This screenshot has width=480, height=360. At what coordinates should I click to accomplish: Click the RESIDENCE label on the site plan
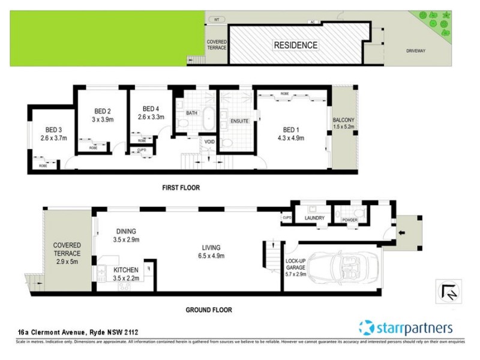pyautogui.click(x=296, y=46)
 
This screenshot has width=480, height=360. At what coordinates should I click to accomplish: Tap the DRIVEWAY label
pyautogui.click(x=415, y=51)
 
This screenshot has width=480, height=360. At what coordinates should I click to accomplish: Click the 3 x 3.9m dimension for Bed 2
pyautogui.click(x=103, y=119)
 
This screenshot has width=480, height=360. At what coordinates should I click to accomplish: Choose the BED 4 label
pyautogui.click(x=151, y=109)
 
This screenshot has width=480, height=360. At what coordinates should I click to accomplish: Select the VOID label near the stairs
pyautogui.click(x=209, y=142)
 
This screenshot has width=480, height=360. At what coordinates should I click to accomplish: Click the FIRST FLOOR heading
pyautogui.click(x=181, y=188)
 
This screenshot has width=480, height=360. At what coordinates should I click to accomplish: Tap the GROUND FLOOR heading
pyautogui.click(x=209, y=310)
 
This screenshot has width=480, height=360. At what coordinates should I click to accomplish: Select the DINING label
pyautogui.click(x=127, y=231)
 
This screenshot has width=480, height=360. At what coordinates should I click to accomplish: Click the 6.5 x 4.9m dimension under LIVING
pyautogui.click(x=211, y=256)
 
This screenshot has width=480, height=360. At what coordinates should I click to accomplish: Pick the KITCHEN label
pyautogui.click(x=126, y=270)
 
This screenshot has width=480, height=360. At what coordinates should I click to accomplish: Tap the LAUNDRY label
pyautogui.click(x=314, y=218)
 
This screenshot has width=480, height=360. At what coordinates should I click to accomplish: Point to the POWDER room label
pyautogui.click(x=349, y=220)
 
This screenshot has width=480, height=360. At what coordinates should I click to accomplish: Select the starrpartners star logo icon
pyautogui.click(x=367, y=328)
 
